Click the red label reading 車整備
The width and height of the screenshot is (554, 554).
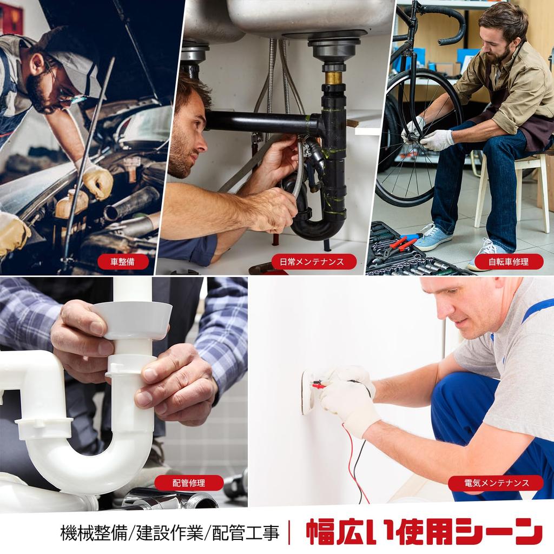tap(122, 262)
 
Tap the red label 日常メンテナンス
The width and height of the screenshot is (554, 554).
tap(312, 262)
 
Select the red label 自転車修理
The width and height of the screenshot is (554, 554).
tap(509, 262)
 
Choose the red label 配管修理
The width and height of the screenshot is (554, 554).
tap(189, 483)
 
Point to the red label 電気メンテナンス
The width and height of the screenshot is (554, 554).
tap(497, 483)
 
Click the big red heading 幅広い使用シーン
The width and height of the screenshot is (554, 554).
tap(424, 531)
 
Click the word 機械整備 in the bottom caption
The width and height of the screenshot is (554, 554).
tap(93, 533)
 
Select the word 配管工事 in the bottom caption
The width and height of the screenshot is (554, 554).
tap(246, 533)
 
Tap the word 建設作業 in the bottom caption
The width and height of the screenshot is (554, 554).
tap(169, 533)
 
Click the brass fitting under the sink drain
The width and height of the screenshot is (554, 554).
tap(333, 77)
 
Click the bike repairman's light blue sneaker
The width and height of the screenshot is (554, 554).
tap(432, 237)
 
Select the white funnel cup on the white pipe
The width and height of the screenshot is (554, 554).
tap(133, 319)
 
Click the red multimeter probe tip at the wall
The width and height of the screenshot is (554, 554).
tap(317, 385)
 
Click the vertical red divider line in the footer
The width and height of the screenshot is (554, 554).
tap(290, 533)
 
